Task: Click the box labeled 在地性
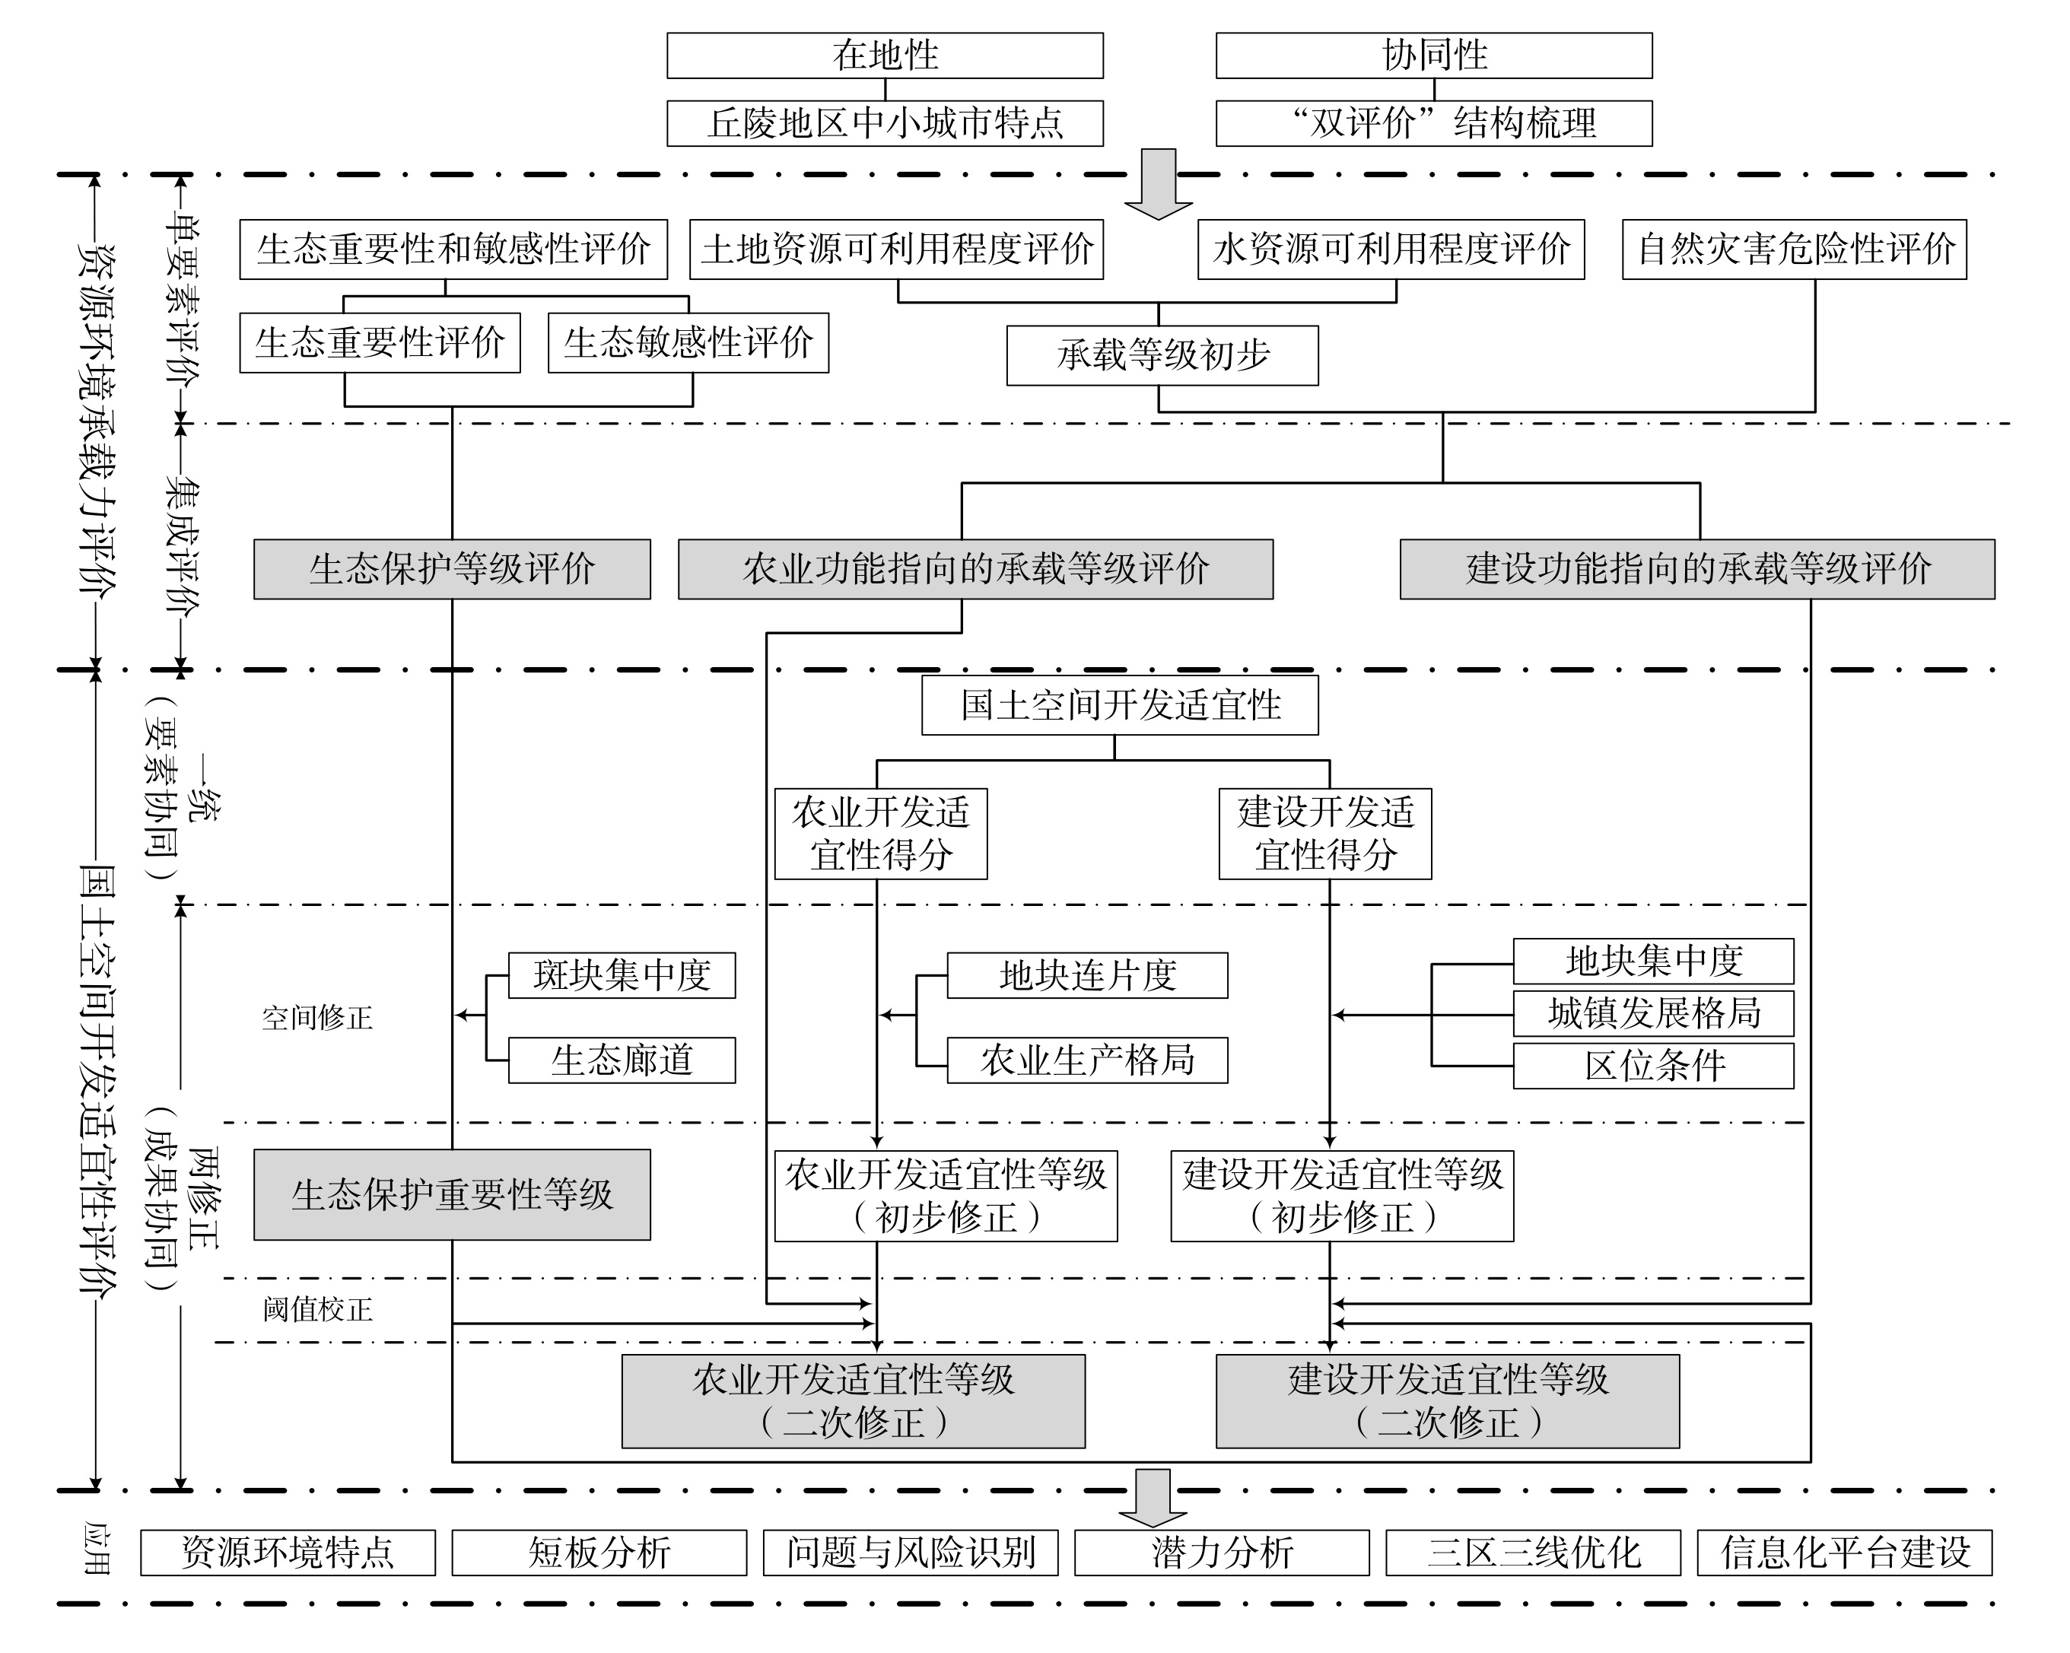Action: tap(886, 56)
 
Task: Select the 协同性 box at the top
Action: tap(1435, 56)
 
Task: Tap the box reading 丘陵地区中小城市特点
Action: tap(886, 124)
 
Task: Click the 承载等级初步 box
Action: tap(1162, 356)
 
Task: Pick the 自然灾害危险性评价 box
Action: tap(1795, 250)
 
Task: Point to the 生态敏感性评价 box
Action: tap(688, 342)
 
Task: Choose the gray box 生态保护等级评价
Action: tap(452, 569)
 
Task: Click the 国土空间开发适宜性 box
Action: tap(1121, 706)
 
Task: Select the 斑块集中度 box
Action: tap(622, 975)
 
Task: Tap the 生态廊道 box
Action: tap(622, 1060)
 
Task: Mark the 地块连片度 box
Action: tap(1088, 975)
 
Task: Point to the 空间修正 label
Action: tap(316, 1018)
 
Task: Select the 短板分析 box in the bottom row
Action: tap(599, 1553)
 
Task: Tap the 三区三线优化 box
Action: tap(1534, 1553)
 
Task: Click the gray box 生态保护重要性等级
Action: tap(452, 1195)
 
